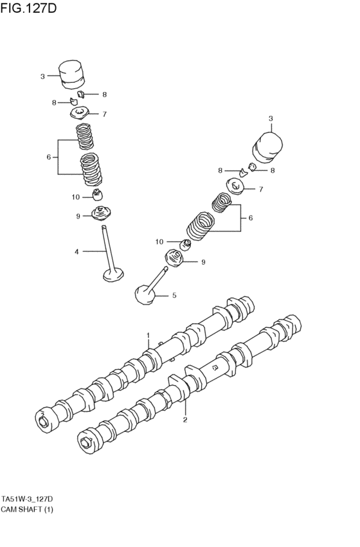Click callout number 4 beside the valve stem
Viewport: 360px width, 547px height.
76,251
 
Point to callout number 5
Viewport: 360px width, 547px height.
173,296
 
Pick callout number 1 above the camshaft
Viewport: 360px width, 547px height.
148,335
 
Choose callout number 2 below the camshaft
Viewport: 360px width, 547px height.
185,420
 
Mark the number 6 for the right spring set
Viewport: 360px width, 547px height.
250,218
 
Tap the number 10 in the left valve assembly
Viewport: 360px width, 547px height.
75,197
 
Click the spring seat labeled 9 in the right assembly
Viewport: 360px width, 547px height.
176,258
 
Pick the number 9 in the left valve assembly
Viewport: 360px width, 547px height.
78,216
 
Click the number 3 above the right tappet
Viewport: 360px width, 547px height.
271,118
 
